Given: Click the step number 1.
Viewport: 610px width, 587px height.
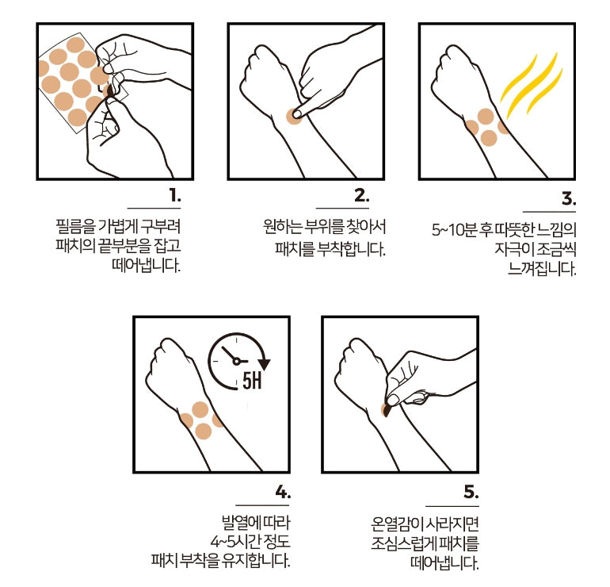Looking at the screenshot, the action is click(x=175, y=195).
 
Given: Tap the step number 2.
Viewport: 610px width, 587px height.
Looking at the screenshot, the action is click(x=361, y=195).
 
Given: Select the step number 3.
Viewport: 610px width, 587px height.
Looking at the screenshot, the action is click(x=568, y=198).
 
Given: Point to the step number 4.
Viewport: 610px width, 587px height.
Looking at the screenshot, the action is click(x=283, y=493).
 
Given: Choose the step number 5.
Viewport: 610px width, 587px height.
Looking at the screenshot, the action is click(x=471, y=493).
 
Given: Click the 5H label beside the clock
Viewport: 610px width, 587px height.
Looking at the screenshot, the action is click(x=252, y=380).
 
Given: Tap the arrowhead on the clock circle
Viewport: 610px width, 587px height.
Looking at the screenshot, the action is click(x=264, y=364).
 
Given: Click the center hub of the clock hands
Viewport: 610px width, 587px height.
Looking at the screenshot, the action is click(x=236, y=362).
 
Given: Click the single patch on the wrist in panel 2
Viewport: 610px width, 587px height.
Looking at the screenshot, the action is click(x=293, y=117).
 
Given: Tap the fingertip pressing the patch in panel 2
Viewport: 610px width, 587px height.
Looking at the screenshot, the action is click(x=297, y=113).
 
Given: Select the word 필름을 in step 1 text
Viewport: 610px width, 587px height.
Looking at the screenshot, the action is click(x=75, y=227).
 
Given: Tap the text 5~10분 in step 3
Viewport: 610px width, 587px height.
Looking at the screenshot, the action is click(x=455, y=230).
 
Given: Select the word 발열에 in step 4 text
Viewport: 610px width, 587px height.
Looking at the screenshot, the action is click(x=242, y=522).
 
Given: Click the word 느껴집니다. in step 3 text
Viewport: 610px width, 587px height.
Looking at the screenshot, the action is click(x=542, y=268).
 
